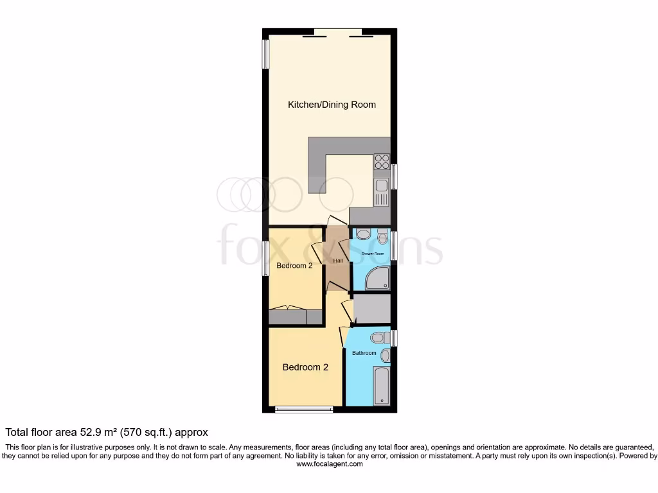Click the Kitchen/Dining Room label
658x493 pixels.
332,105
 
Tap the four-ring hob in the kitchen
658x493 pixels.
382,161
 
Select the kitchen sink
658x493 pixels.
382,186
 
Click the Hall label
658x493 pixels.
338,261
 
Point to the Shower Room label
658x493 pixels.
372,254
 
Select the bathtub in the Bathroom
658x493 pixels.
382,386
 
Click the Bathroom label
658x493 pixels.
364,353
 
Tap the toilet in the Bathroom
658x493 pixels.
378,337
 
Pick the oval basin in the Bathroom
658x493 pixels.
386,355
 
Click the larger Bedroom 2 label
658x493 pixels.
305,367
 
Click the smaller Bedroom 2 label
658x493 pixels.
294,265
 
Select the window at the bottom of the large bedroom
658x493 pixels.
303,409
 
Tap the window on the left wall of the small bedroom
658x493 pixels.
265,258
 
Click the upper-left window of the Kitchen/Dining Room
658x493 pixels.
265,53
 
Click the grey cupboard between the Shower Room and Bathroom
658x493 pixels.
372,309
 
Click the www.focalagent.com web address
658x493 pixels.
329,464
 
